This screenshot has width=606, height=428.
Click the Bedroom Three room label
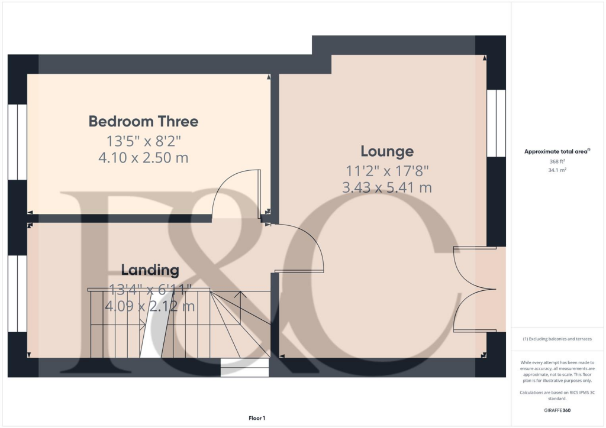pyautogui.click(x=143, y=122)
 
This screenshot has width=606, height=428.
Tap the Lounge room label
pyautogui.click(x=386, y=151)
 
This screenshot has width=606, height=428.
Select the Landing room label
pyautogui.click(x=150, y=270)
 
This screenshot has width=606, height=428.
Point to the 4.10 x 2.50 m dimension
pyautogui.click(x=143, y=158)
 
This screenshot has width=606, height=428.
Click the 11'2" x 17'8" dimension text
pyautogui.click(x=386, y=171)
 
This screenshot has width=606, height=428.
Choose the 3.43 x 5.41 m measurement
pyautogui.click(x=386, y=188)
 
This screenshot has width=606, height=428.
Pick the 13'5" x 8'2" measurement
pyautogui.click(x=143, y=141)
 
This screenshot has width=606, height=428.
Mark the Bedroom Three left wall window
pyautogui.click(x=18, y=142)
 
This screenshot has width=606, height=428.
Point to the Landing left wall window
pyautogui.click(x=18, y=293)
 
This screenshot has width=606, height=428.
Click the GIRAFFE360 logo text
pyautogui.click(x=557, y=410)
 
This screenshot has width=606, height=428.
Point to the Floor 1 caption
pyautogui.click(x=257, y=419)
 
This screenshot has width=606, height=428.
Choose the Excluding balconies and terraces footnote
pyautogui.click(x=557, y=339)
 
